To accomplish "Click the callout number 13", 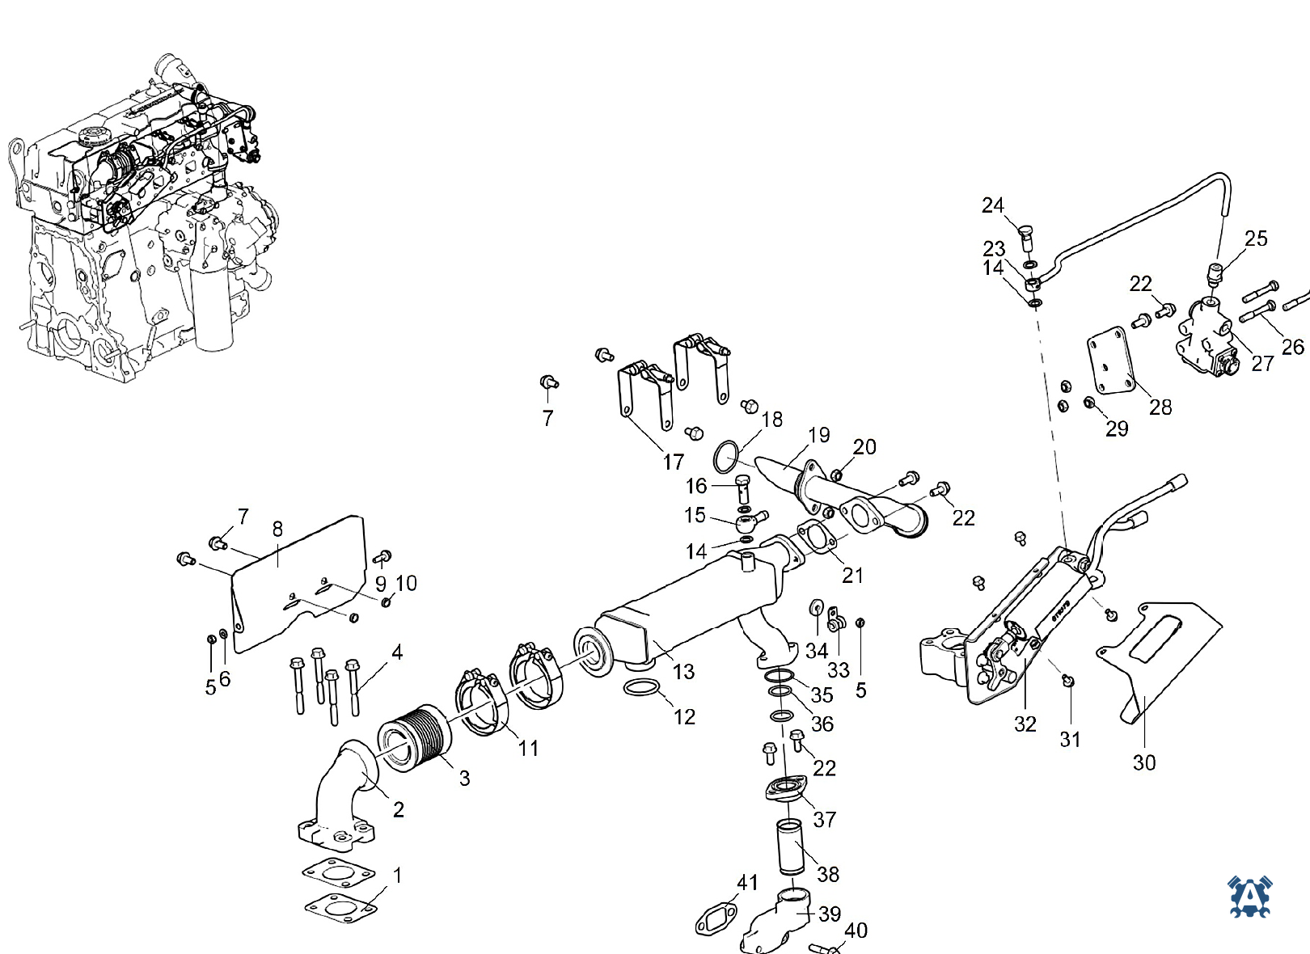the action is (x=683, y=672).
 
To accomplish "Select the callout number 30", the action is (x=1144, y=762).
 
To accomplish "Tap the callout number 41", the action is (x=747, y=882).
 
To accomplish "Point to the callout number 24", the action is (x=992, y=205).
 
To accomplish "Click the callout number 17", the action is (x=673, y=462).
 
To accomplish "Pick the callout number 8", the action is (x=278, y=529).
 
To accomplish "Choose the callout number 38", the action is (x=828, y=875).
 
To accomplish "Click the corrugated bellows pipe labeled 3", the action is (x=413, y=738).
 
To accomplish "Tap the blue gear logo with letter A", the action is (x=1249, y=896).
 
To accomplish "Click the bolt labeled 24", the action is (x=1025, y=238).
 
